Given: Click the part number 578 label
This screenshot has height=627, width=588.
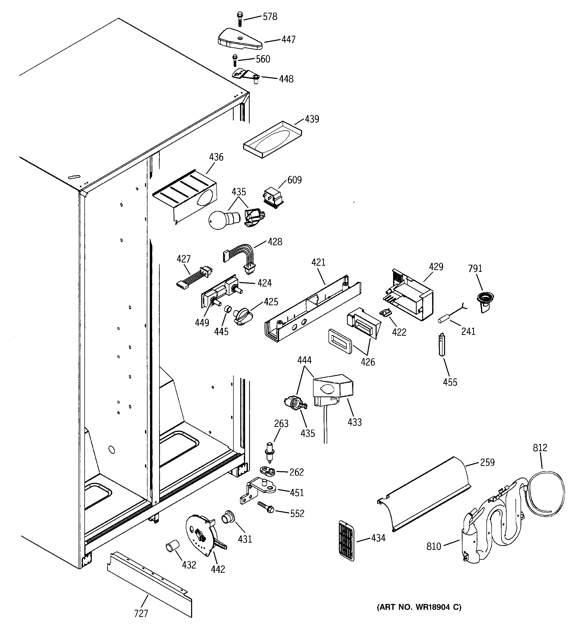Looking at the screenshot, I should coord(270,17).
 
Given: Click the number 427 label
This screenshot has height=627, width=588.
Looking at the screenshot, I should coord(183,259).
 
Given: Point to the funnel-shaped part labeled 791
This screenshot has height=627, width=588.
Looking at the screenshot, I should coord(484,301).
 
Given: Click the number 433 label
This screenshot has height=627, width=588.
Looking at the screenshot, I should coord(354,422).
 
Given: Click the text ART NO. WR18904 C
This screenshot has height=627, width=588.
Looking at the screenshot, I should coord(419,607).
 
